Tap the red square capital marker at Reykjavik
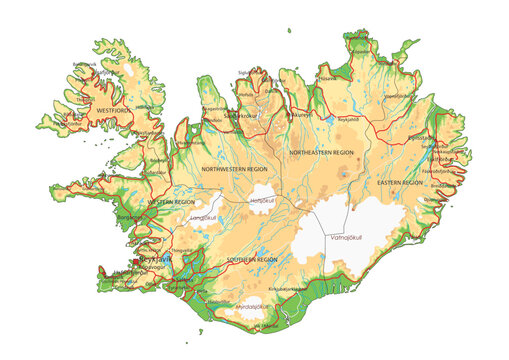[x=136, y=265]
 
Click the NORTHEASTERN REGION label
[x=321, y=152]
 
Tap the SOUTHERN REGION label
[x=252, y=259]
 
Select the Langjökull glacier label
[x=203, y=216]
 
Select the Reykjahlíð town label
[x=345, y=118]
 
